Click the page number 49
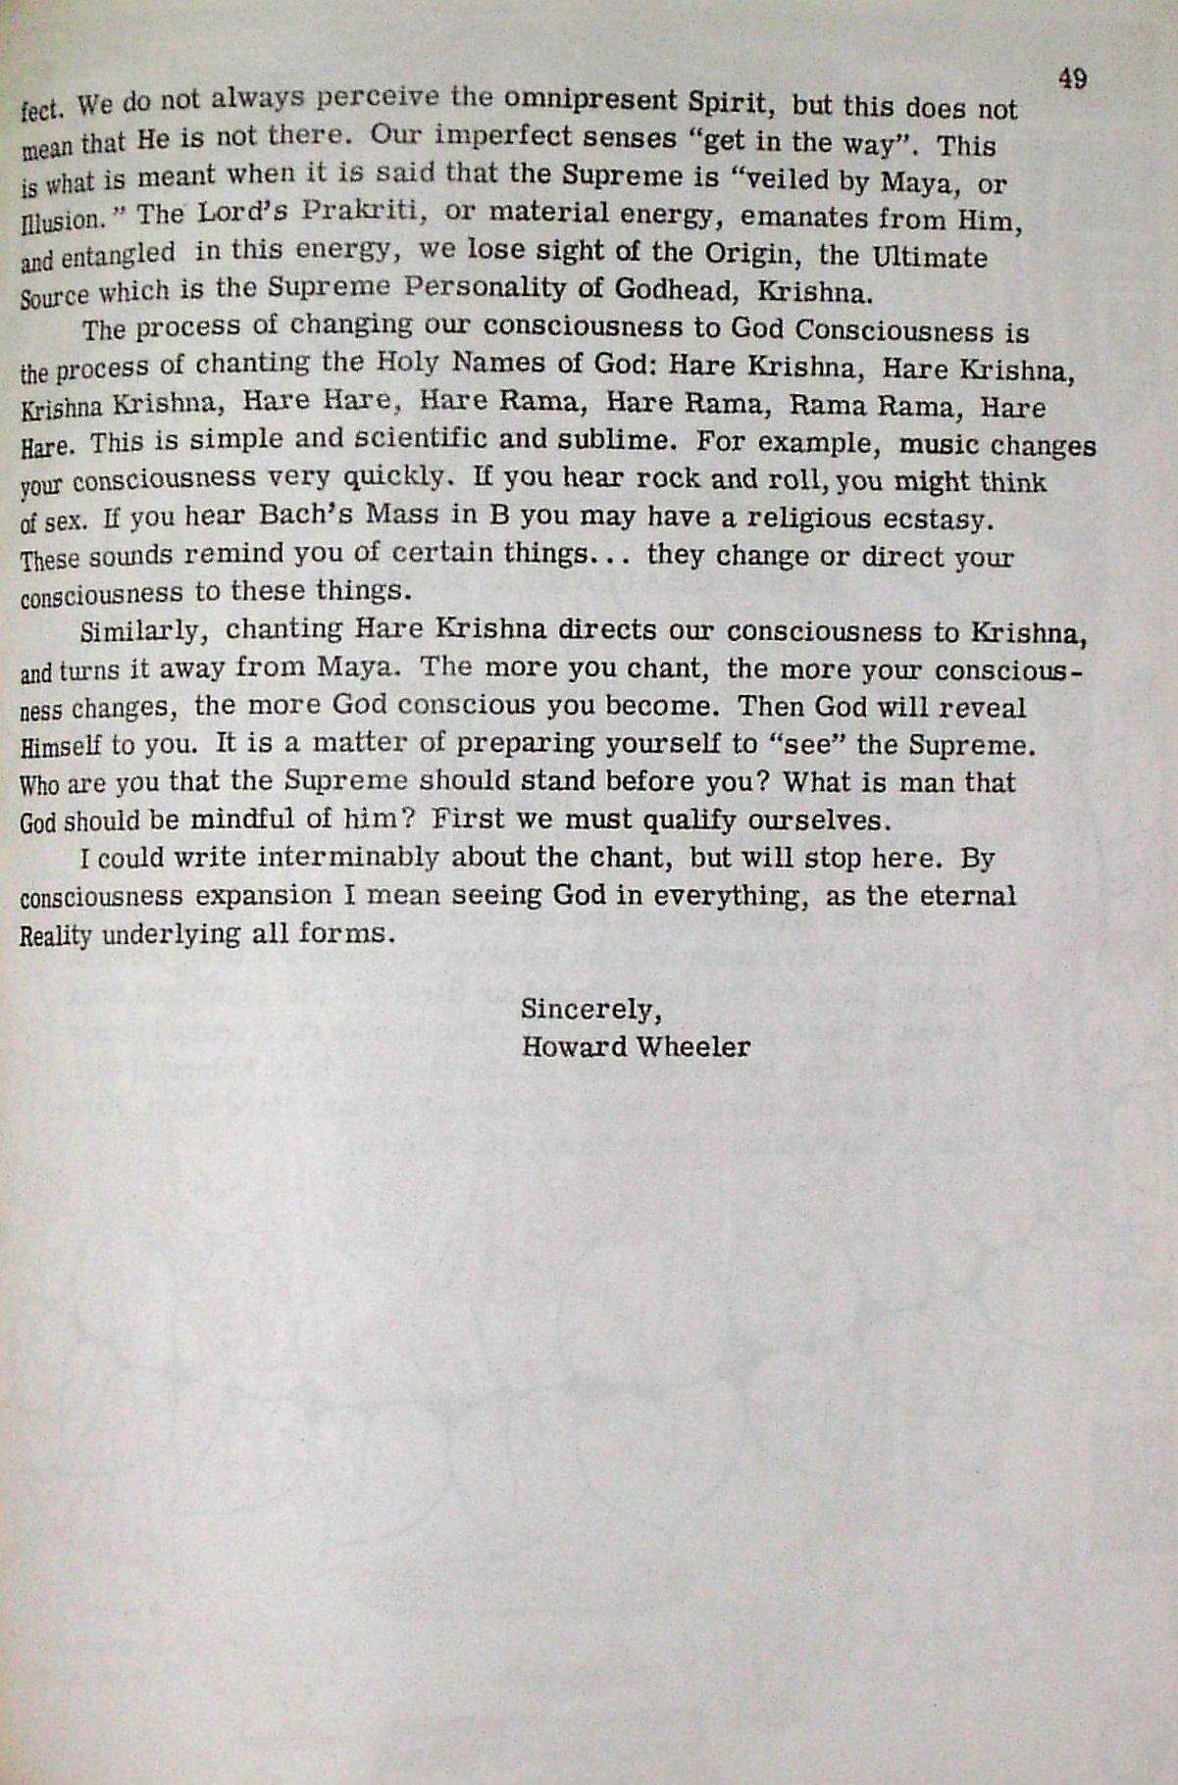(1072, 78)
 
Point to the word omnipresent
(592, 99)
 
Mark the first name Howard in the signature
(574, 1047)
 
